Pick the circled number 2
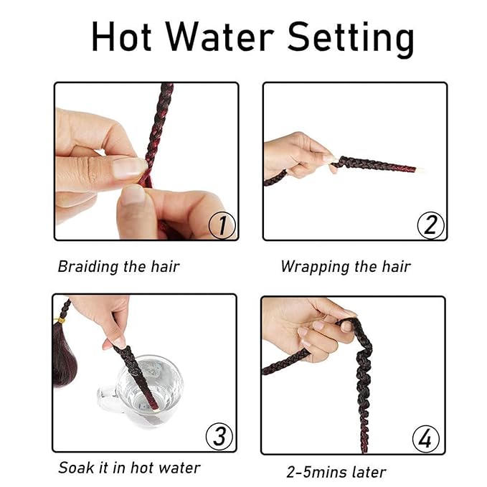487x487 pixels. click(430, 225)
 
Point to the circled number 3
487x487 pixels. click(219, 436)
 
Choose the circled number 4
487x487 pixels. click(426, 438)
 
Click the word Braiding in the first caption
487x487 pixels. click(88, 267)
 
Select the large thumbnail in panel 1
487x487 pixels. click(129, 169)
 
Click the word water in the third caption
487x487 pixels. click(179, 468)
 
